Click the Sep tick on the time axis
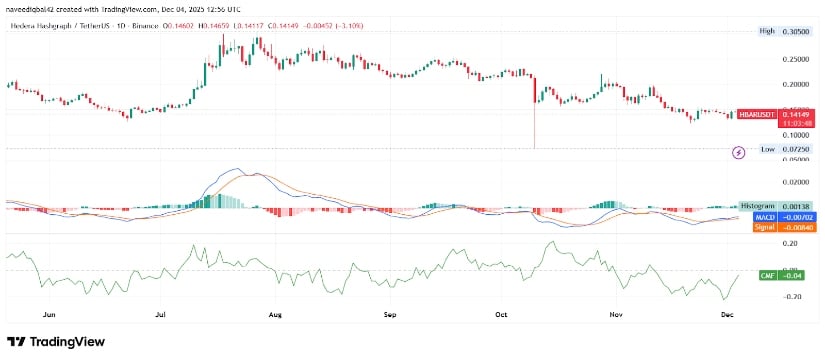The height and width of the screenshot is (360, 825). [391, 313]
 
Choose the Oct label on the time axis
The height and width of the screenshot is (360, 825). [502, 313]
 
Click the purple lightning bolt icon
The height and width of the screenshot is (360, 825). [739, 152]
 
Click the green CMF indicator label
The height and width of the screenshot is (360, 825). [766, 272]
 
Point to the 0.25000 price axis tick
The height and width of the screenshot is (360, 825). [793, 58]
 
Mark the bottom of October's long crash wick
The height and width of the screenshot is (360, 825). [535, 147]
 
